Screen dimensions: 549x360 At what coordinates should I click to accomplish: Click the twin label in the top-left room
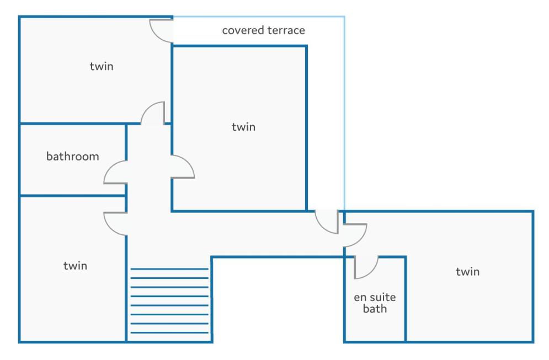pos(102,66)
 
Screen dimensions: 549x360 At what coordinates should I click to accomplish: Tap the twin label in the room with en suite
pos(467,271)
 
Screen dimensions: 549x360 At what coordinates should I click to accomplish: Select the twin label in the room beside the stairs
pos(75,266)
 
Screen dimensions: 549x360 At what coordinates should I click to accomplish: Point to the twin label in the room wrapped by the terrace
pos(244,127)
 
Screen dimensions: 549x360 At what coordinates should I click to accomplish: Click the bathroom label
pos(73,156)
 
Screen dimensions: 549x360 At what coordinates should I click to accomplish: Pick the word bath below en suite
pos(375,309)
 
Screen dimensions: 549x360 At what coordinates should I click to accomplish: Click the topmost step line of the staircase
pos(169,269)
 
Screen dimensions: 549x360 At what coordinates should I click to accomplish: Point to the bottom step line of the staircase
pos(169,332)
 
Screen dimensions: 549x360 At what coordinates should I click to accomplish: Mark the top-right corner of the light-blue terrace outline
pos(344,17)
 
